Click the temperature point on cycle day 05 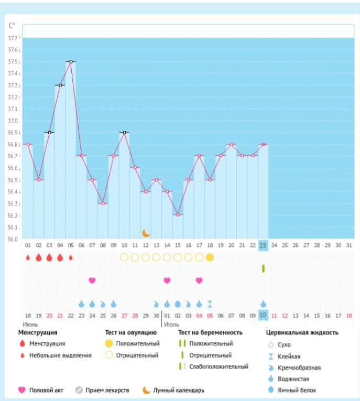click(x=71, y=61)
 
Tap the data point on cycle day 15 click(x=178, y=215)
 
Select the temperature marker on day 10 click(x=124, y=132)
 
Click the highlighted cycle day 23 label click(x=263, y=245)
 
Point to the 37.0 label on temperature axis click(x=13, y=121)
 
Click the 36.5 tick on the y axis click(x=13, y=180)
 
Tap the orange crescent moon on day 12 click(x=146, y=233)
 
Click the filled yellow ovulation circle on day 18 click(x=210, y=257)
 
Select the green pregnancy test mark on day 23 click(x=263, y=268)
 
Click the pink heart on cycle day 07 click(x=92, y=280)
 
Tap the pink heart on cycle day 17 click(x=199, y=280)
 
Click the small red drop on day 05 click(x=71, y=257)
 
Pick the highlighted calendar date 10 click(x=263, y=316)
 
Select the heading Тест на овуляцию click(x=131, y=332)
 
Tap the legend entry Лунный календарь click(x=179, y=390)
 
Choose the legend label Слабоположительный click(x=219, y=367)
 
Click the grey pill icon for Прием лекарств click(x=79, y=390)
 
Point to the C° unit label click(x=12, y=25)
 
